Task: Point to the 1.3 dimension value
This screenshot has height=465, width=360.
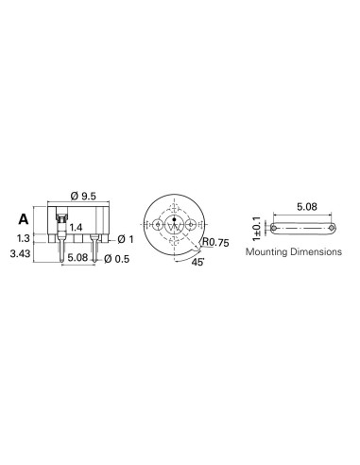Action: point(24,238)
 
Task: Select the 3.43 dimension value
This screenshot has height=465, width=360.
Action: point(21,254)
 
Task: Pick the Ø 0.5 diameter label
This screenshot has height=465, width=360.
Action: point(117,258)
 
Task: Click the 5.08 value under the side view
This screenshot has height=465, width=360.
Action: point(79,257)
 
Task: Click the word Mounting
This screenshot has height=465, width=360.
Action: point(268,253)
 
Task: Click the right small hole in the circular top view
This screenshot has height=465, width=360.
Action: point(192,226)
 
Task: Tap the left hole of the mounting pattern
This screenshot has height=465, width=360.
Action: point(274,228)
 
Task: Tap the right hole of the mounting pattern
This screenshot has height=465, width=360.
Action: point(333,228)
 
